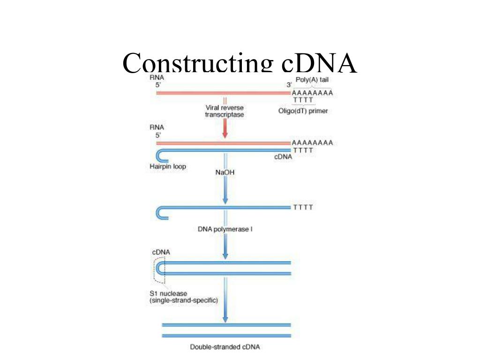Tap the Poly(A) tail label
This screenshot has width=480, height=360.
pyautogui.click(x=312, y=80)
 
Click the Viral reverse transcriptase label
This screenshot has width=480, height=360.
pyautogui.click(x=225, y=111)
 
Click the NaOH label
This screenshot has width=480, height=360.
pyautogui.click(x=225, y=172)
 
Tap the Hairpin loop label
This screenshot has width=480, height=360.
pyautogui.click(x=168, y=166)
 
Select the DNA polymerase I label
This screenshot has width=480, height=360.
pyautogui.click(x=225, y=229)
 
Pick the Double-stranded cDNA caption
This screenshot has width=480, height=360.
pyautogui.click(x=225, y=347)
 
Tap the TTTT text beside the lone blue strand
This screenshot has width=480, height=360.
pyautogui.click(x=303, y=208)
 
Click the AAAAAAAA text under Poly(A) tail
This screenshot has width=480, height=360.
pyautogui.click(x=312, y=93)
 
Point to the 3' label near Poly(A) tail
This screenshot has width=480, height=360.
pyautogui.click(x=289, y=85)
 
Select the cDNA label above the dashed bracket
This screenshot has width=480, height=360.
pyautogui.click(x=161, y=252)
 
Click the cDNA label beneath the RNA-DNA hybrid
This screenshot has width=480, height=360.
pyautogui.click(x=283, y=157)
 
